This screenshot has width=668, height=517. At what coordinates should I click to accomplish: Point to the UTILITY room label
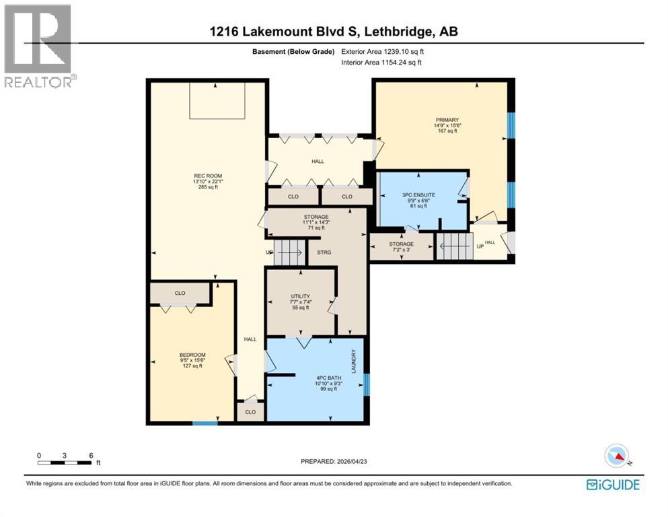click(299, 296)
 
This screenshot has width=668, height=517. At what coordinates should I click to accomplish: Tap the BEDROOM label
click(192, 355)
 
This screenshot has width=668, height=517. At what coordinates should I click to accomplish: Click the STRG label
click(317, 252)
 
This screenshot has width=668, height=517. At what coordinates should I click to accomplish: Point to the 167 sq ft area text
click(445, 131)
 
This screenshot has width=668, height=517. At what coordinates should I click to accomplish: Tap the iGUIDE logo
click(612, 484)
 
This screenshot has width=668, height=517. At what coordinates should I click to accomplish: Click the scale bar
click(65, 462)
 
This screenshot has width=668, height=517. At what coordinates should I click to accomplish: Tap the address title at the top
click(334, 32)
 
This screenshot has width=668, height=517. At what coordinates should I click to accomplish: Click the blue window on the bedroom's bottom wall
click(205, 423)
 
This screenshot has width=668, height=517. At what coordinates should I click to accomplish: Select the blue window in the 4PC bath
click(367, 385)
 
